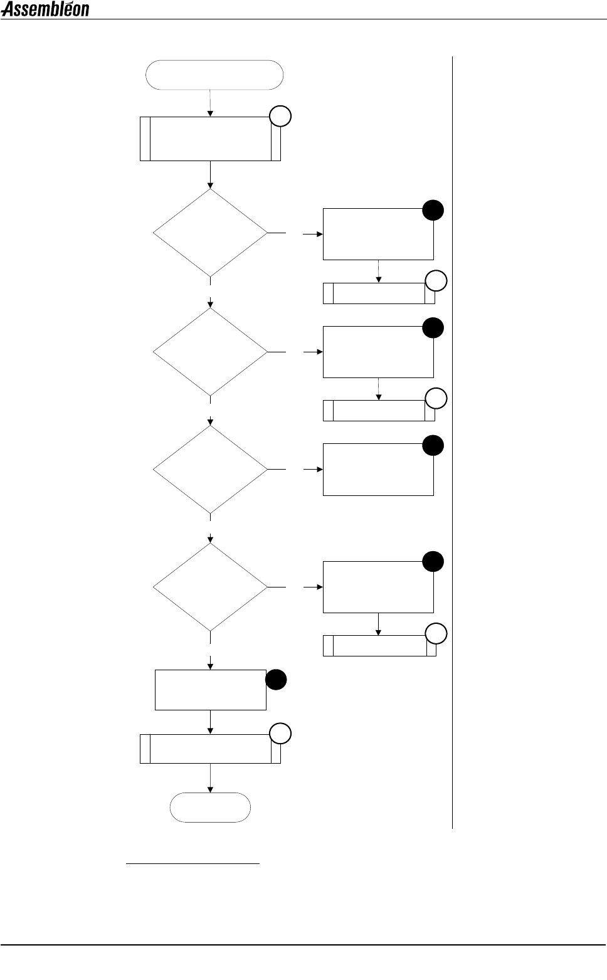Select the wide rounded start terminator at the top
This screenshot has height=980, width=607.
[x=214, y=75]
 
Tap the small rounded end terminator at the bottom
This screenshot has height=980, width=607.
[x=210, y=807]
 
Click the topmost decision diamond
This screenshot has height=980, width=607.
[x=210, y=233]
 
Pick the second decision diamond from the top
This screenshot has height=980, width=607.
[x=210, y=352]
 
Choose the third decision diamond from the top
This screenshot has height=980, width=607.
[x=210, y=469]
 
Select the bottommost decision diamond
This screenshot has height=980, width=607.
[x=210, y=587]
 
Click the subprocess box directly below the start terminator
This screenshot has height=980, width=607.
[x=210, y=139]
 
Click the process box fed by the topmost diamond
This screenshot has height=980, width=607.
[x=378, y=234]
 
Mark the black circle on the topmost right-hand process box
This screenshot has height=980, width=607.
[x=433, y=211]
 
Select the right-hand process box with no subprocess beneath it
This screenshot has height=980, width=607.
[x=378, y=470]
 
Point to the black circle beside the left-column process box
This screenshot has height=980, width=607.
[x=276, y=680]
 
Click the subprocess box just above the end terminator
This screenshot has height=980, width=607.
[x=210, y=749]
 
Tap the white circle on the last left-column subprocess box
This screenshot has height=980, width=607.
[x=280, y=734]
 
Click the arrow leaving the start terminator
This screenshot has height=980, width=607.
[x=210, y=103]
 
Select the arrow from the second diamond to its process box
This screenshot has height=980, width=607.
[x=312, y=352]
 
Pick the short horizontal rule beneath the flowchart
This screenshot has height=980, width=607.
[x=193, y=864]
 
